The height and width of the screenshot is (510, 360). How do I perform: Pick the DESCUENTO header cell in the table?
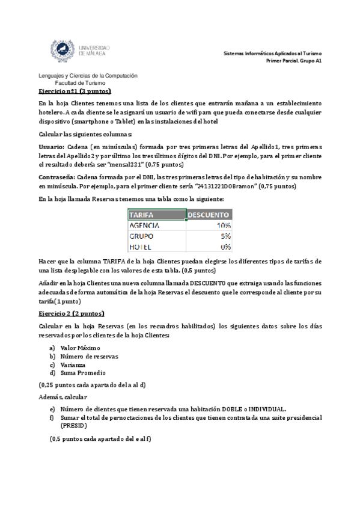[x=208, y=214]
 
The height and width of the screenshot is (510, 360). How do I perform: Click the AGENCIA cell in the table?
[x=147, y=224]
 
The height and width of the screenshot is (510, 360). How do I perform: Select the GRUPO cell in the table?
[x=142, y=235]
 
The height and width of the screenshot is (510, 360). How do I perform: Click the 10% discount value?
[x=224, y=224]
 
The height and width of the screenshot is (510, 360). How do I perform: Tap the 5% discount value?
[x=226, y=235]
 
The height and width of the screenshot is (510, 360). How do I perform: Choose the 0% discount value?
[x=226, y=246]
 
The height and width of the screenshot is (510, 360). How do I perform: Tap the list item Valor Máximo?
[x=80, y=348]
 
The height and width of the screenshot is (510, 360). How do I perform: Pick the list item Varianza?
[x=73, y=364]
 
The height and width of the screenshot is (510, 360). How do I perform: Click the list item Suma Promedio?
[x=83, y=373]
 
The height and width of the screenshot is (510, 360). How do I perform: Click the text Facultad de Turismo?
[x=80, y=82]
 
